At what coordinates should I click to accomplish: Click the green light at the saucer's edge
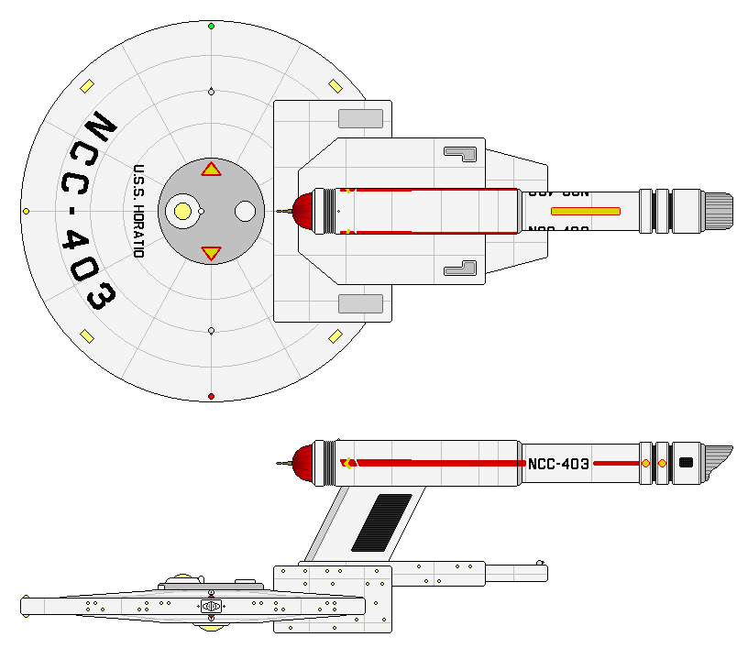[x=212, y=26]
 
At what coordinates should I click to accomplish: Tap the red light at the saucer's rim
[x=212, y=396]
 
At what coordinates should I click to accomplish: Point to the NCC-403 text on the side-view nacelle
[x=558, y=464]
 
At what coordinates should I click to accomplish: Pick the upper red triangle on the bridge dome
[x=211, y=169]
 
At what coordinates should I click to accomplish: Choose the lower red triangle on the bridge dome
[x=211, y=252]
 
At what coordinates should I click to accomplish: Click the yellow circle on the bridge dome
[x=182, y=212]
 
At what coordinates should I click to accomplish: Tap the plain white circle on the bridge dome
[x=245, y=212]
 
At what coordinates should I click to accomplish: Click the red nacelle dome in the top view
[x=302, y=211]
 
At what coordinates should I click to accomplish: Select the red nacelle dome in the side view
[x=302, y=463]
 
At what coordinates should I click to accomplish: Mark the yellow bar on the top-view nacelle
[x=586, y=211]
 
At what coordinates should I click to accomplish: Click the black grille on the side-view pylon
[x=381, y=522]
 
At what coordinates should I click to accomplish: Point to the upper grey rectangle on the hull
[x=360, y=118]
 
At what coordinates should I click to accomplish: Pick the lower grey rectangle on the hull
[x=360, y=303]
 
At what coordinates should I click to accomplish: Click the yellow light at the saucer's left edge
[x=26, y=212]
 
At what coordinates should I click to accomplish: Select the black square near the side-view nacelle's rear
[x=685, y=463]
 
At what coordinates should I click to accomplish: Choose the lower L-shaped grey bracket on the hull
[x=463, y=269]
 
